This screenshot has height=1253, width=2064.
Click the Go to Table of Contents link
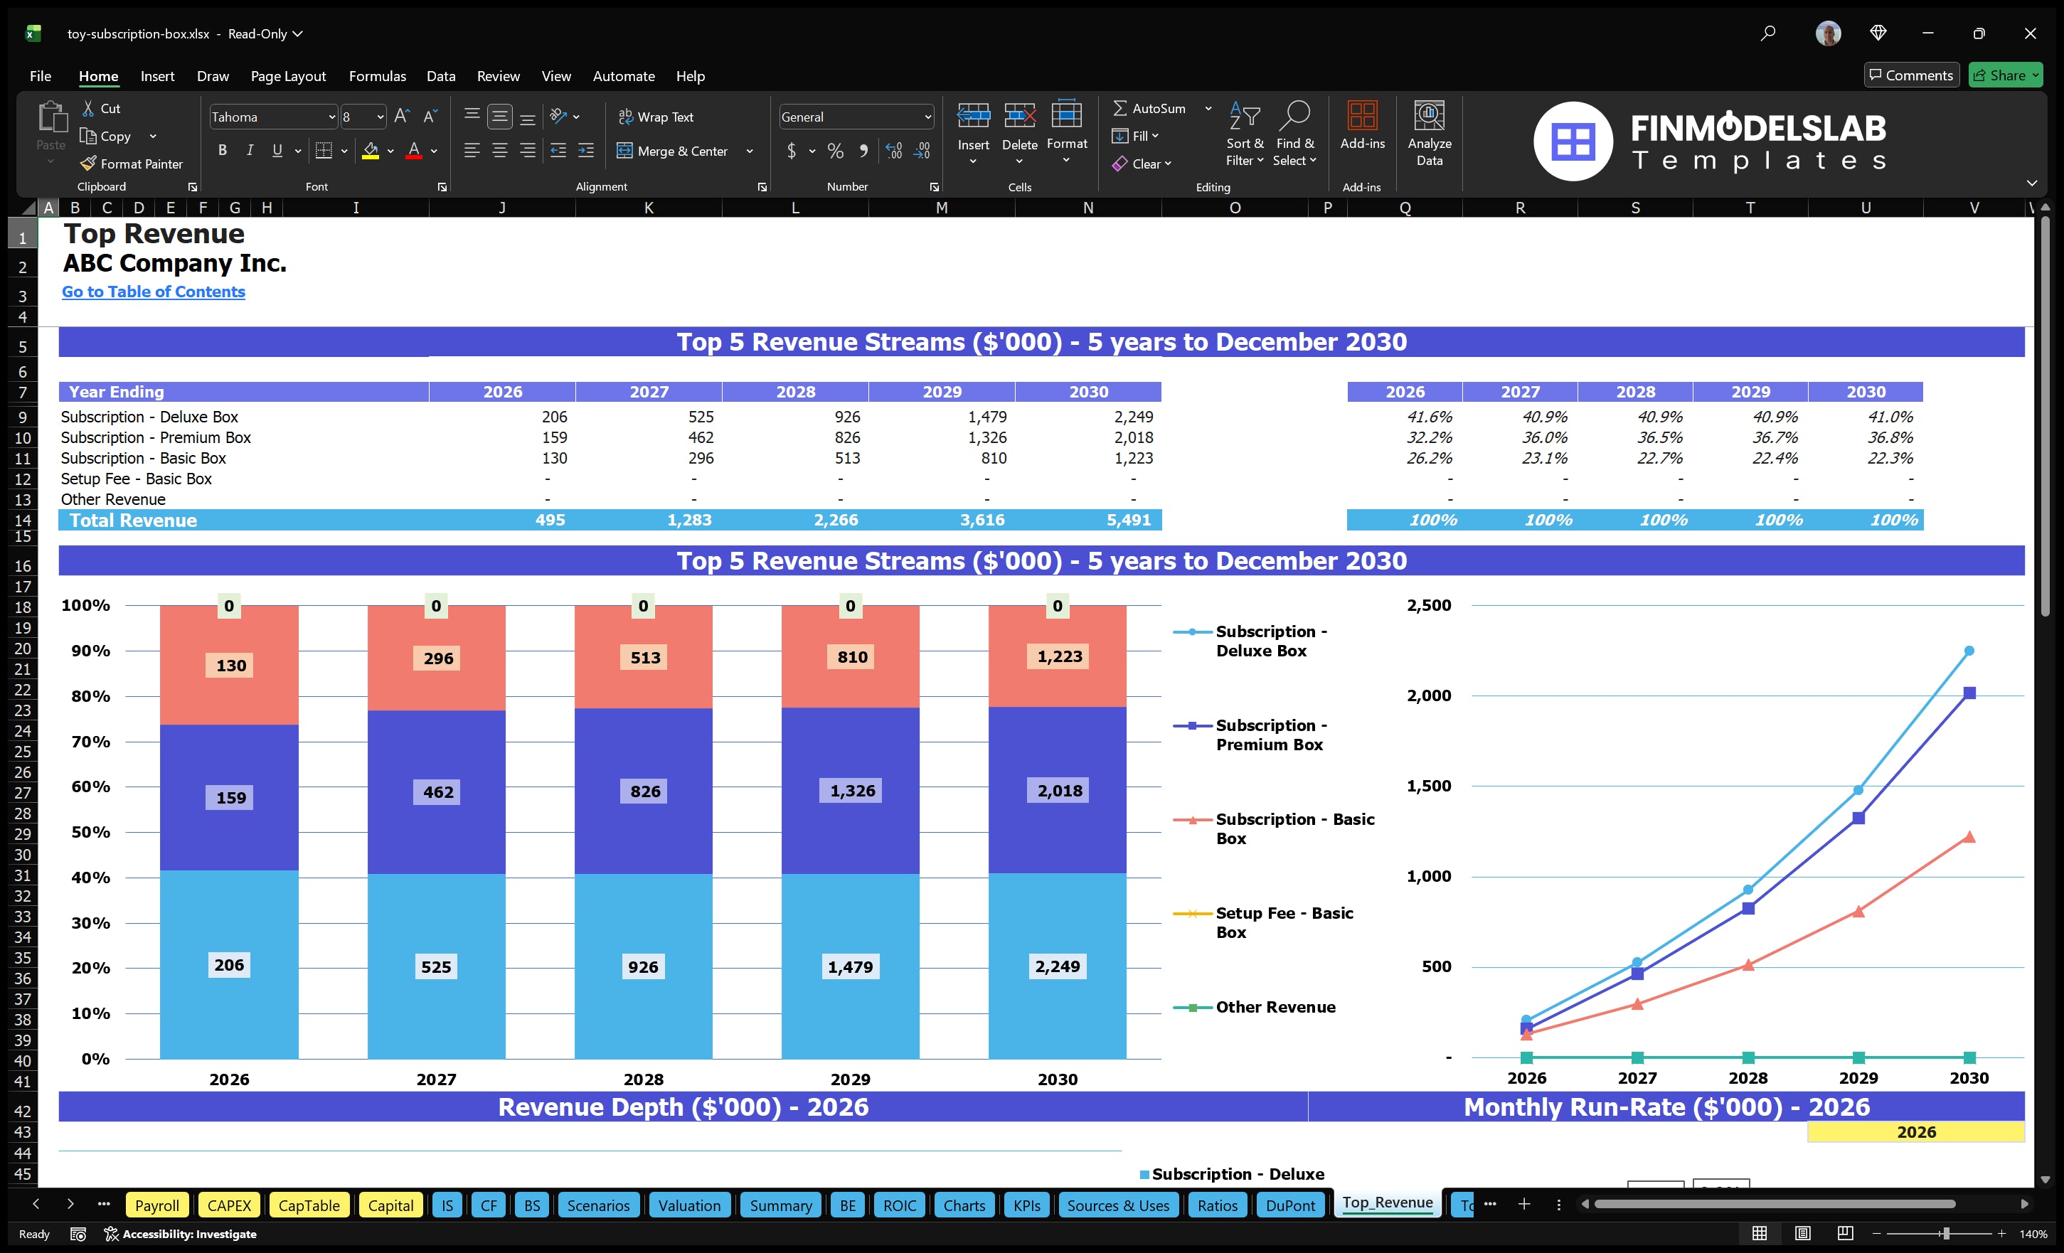tap(154, 292)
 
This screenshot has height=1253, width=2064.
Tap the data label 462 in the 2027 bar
tap(437, 791)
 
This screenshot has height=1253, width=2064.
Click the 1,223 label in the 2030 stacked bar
tap(1059, 656)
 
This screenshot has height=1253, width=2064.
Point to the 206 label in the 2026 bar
tap(229, 965)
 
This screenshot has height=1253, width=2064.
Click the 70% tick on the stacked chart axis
tap(90, 741)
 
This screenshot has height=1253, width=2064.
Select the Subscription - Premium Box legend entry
tap(1268, 735)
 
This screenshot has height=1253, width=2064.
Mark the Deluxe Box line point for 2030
tap(1969, 651)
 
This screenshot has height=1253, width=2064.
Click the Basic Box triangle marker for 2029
tap(1858, 911)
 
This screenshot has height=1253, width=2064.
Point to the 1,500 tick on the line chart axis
tap(1428, 786)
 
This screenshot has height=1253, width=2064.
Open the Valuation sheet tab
tap(688, 1205)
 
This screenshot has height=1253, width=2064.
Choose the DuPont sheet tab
tap(1289, 1205)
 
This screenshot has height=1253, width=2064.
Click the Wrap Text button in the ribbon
tap(656, 117)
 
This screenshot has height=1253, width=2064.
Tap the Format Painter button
tap(132, 164)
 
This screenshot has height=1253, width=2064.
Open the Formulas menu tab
tap(377, 76)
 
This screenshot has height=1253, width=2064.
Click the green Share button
tap(2004, 75)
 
